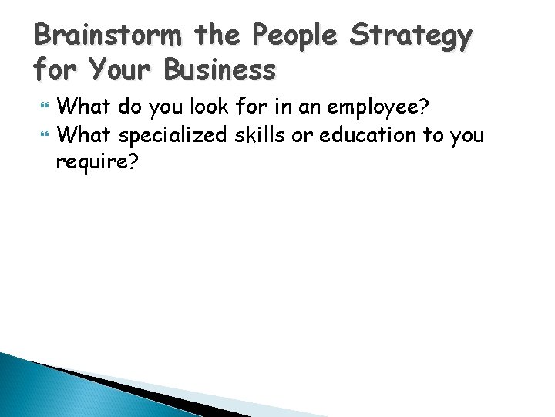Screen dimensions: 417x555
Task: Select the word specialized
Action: pos(173,135)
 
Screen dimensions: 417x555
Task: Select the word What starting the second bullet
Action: pos(84,135)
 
